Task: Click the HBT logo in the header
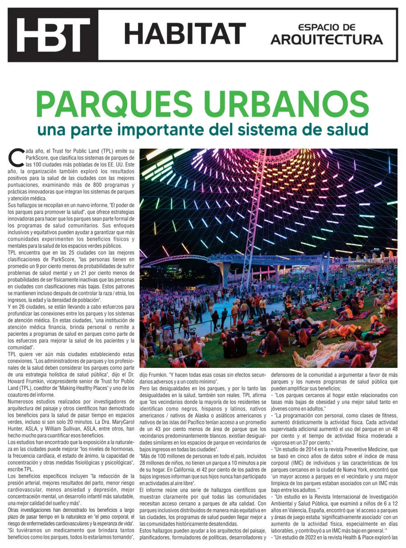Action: [x=53, y=35]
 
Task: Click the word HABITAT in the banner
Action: [x=185, y=34]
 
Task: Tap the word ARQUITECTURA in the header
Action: [x=327, y=40]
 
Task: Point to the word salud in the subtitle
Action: [x=346, y=130]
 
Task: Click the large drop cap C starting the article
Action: [x=16, y=158]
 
